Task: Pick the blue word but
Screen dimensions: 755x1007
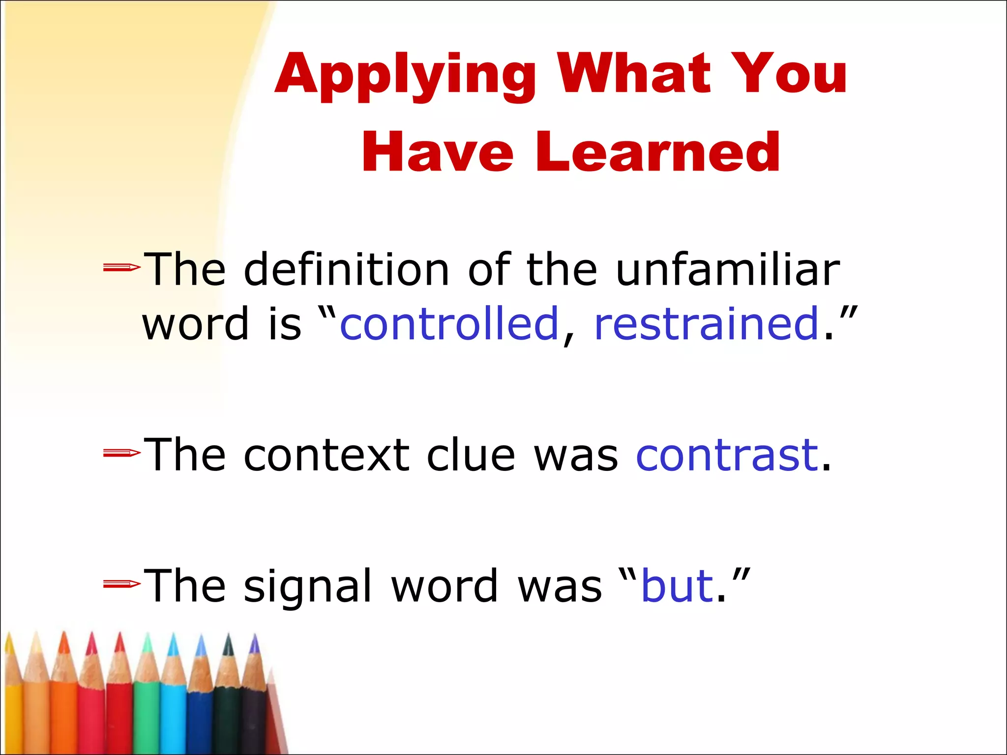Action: click(x=678, y=586)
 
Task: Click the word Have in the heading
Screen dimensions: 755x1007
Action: click(x=438, y=152)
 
